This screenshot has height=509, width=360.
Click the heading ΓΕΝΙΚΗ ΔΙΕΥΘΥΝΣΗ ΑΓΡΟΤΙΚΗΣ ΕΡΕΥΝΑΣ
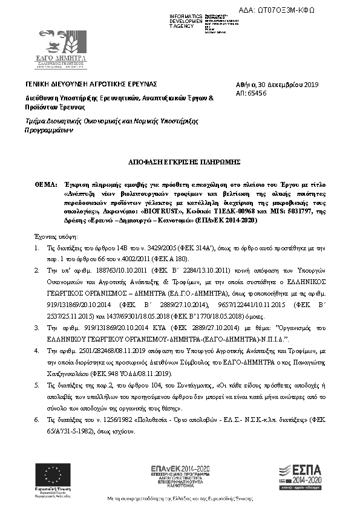point(91,83)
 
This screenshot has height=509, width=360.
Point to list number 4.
point(38,350)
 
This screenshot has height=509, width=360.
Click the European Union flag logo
point(51,472)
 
